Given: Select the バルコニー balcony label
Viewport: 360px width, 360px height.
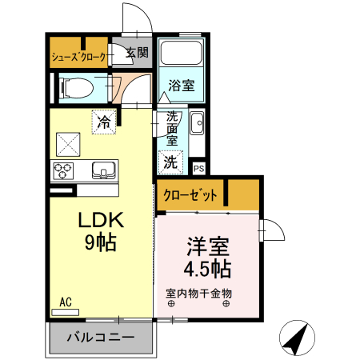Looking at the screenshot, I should coord(100,336).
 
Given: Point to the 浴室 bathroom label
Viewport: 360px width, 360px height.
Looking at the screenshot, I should coord(182,86).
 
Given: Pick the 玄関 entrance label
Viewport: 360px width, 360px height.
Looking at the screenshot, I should coord(137,54).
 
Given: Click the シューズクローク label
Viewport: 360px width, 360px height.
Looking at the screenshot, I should coord(78,56).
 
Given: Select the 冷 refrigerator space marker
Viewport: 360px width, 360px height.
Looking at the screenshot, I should coord(104,122).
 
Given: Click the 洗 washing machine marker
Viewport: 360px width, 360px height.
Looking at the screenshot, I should coord(170,162).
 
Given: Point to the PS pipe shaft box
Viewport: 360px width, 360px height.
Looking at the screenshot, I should coord(199,169).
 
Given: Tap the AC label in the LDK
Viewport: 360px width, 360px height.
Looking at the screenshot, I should coord(66,302).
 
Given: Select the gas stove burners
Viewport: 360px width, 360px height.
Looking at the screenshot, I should coord(63,170).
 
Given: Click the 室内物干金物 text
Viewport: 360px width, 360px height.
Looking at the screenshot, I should coord(198,293).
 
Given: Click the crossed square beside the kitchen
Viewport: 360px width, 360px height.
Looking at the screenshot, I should coord(67,144).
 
